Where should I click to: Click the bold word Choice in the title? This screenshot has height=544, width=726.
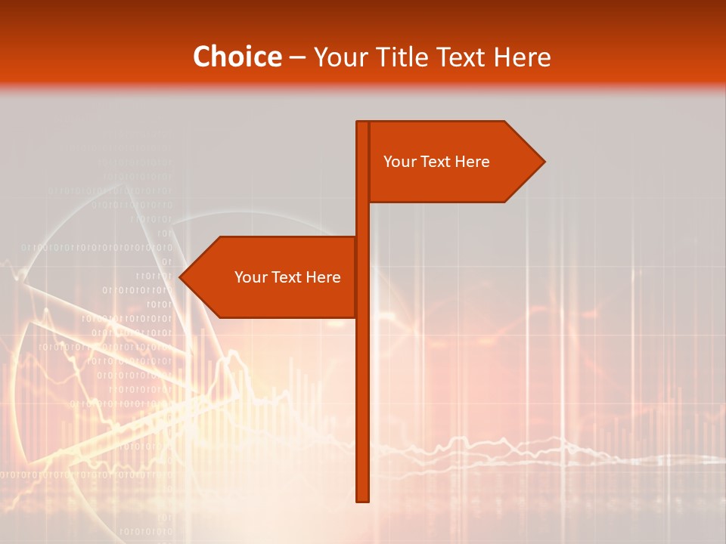(237, 57)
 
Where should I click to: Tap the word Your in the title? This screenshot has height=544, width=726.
(339, 57)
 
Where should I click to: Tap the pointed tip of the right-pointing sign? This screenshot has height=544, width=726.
(542, 162)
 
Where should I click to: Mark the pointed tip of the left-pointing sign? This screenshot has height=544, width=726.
(181, 277)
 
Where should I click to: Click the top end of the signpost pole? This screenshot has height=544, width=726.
(362, 123)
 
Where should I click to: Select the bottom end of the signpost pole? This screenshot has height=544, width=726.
(362, 499)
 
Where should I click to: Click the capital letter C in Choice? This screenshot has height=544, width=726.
(202, 57)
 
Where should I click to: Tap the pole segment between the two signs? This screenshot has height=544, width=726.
(362, 219)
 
